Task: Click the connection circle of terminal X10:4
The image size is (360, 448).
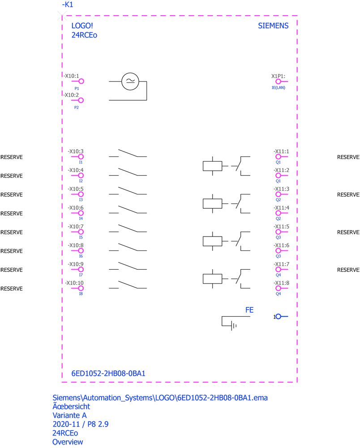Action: (81, 176)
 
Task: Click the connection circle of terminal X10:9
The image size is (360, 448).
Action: (81, 270)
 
